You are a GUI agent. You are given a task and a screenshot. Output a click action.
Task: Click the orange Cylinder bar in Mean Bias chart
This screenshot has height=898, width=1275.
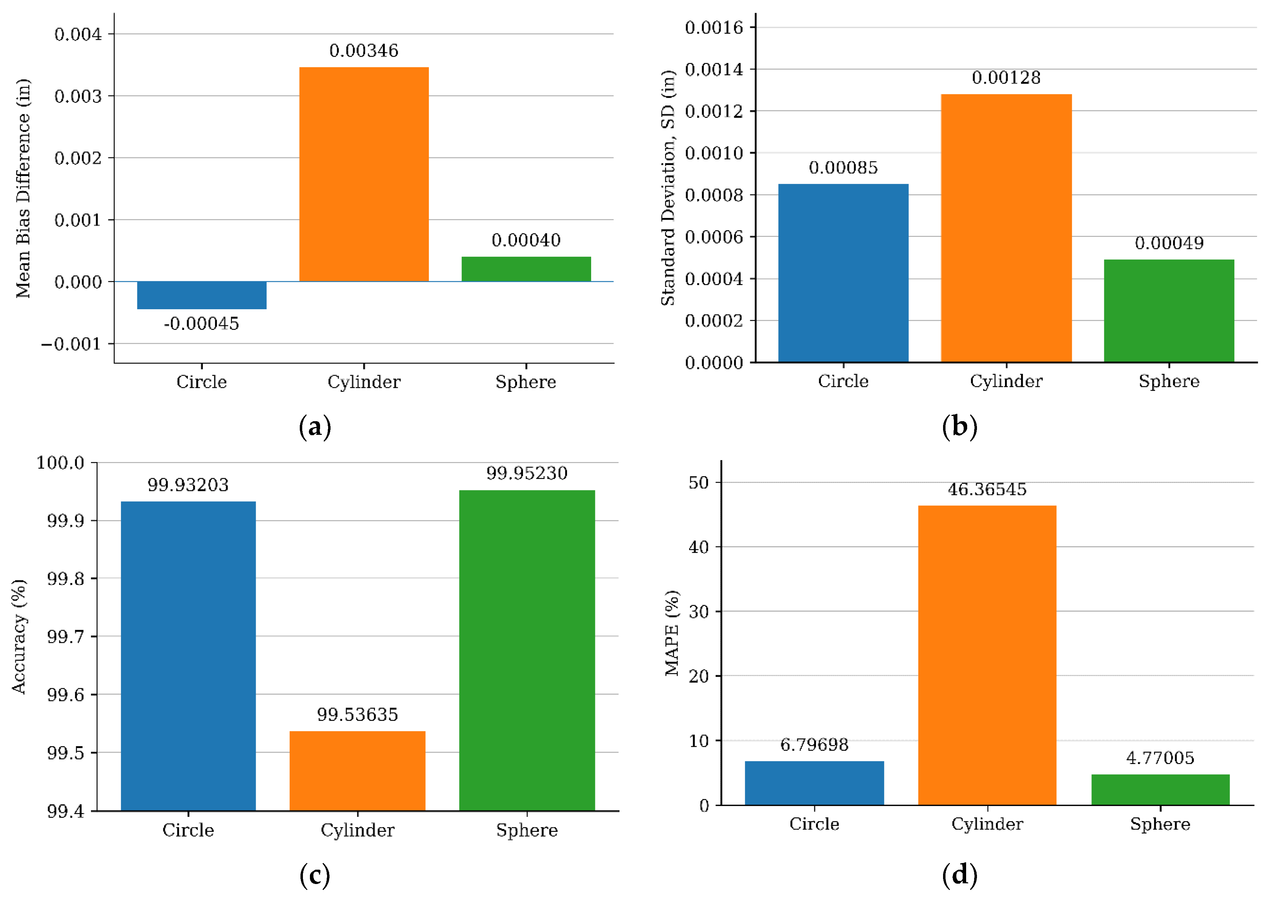point(364,174)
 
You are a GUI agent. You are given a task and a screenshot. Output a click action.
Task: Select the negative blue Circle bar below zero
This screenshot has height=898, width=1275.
point(201,295)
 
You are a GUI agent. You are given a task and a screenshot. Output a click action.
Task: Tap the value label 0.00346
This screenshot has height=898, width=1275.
point(364,50)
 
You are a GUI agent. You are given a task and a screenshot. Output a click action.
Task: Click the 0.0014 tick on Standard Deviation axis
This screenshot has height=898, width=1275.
point(714,69)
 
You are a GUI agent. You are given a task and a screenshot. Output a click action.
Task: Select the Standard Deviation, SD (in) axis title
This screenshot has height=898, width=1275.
point(668,188)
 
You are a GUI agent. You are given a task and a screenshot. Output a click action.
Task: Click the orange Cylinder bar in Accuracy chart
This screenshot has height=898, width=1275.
point(357,770)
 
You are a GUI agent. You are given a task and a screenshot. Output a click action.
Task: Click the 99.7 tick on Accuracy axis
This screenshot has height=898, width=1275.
point(65,636)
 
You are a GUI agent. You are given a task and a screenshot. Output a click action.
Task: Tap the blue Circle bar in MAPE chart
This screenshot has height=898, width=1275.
point(814,783)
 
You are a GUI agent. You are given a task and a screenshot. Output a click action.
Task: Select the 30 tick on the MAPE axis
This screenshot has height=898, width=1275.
point(699,611)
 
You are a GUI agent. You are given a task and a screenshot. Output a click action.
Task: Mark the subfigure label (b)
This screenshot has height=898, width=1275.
point(959,426)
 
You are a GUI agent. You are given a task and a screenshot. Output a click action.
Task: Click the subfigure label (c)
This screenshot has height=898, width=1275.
point(314,876)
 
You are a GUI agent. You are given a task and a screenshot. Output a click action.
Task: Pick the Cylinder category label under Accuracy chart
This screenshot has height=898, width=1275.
point(357,830)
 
